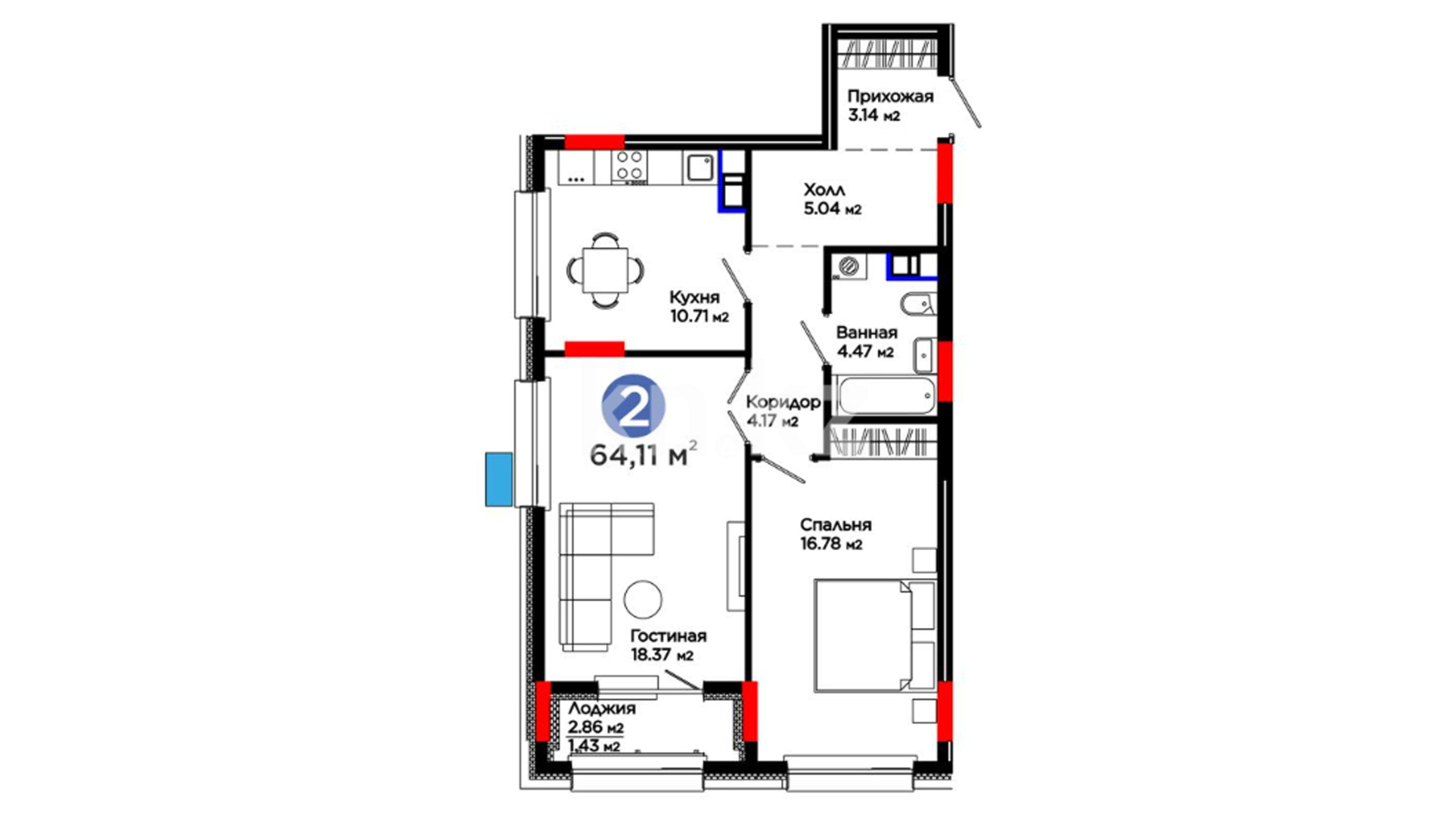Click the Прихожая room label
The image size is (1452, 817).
pos(890,97)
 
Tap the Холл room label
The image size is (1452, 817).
pos(824,190)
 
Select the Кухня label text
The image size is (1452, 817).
pos(695,297)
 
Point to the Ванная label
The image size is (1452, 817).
pos(867,333)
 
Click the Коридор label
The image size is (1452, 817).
pos(783,402)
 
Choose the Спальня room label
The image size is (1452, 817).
pos(836,525)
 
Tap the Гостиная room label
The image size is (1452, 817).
pos(669,636)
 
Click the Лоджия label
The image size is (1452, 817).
pos(602,709)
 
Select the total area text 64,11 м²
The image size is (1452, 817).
pos(643,455)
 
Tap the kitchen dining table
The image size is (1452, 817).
pos(605,270)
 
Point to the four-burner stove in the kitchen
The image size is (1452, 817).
pos(629,166)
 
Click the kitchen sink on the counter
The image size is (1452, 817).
pos(700,167)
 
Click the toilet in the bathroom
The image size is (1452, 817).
pos(918,304)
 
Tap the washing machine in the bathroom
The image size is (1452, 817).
pos(850,266)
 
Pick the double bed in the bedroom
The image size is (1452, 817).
pos(876,635)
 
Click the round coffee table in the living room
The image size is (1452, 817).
pos(643,598)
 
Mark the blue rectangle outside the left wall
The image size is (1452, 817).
pos(498,479)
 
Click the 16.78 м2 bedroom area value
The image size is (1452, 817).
pos(831,544)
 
